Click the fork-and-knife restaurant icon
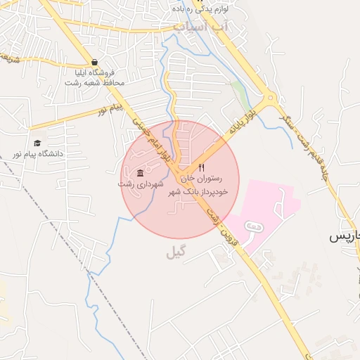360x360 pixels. point(202,168)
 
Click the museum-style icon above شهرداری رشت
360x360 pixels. point(141,173)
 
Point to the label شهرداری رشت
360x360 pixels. point(141,184)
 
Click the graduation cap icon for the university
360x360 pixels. point(37,143)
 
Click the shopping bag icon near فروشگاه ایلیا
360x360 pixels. point(95,62)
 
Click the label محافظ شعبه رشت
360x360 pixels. point(94,83)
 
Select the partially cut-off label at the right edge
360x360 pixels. point(347,237)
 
